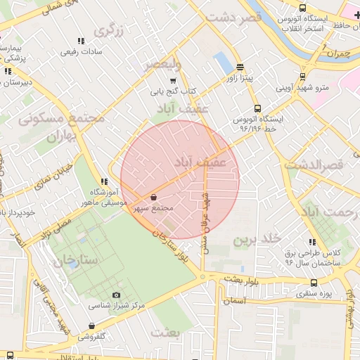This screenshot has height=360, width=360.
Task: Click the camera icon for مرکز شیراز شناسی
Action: click(117, 295)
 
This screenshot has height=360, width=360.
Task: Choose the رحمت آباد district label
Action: click(330, 212)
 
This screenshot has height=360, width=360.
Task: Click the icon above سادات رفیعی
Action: click(81, 41)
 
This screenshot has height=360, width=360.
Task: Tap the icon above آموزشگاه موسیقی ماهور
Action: click(104, 181)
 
